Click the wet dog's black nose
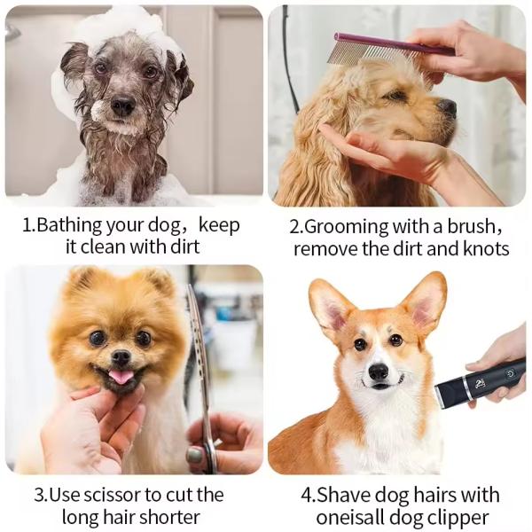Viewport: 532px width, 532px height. (122, 106)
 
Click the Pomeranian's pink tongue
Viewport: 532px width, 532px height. (121, 377)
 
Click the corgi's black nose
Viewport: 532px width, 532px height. (379, 371)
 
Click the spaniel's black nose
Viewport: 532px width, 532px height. (448, 107)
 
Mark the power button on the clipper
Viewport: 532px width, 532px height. (512, 374)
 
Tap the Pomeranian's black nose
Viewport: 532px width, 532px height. (121, 357)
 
